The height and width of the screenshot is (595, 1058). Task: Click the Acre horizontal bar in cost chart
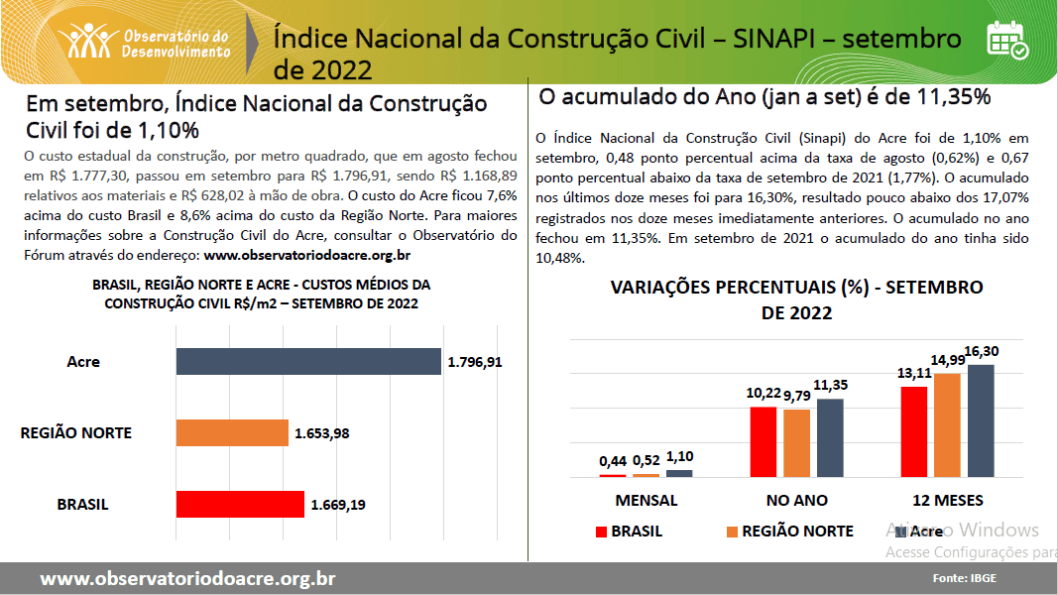307,362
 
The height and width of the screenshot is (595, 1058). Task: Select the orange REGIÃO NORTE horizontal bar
232,433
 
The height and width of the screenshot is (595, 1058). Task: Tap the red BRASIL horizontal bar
239,505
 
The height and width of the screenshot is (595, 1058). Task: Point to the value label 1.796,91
475,362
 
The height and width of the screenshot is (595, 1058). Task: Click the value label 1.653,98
321,433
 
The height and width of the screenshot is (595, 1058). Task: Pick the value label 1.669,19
338,505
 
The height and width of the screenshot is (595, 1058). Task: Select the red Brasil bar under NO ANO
763,442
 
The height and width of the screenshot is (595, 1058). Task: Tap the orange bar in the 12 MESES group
947,425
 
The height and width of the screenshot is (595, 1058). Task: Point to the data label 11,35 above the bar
831,385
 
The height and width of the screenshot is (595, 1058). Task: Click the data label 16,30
982,352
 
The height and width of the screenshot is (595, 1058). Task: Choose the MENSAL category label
647,500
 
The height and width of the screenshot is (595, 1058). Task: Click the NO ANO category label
796,500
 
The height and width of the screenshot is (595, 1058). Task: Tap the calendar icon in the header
1006,40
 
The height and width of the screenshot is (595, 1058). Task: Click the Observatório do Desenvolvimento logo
145,40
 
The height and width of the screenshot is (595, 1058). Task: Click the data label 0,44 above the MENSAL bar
614,461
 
